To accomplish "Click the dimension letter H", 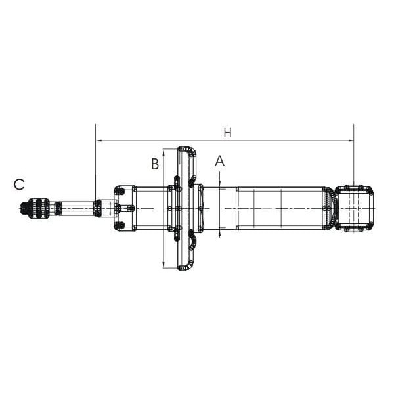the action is coord(227,133).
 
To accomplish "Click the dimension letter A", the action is coord(220,161).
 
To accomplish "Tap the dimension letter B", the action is coord(155,164).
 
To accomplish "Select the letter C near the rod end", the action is coord(19,185).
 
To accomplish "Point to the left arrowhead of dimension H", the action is coord(98,141).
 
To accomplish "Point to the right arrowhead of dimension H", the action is coord(351,141).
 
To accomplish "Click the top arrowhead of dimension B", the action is coord(164,152).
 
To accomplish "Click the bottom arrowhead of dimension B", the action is coord(164,265).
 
